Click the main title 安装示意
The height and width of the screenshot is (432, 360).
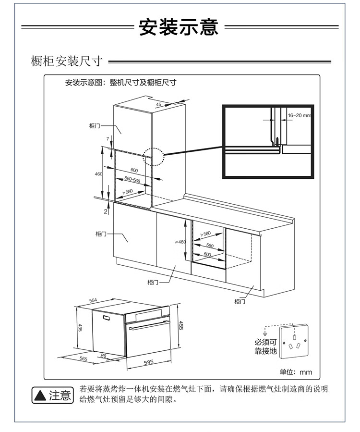pyautogui.click(x=179, y=27)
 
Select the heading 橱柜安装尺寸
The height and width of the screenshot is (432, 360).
pyautogui.click(x=67, y=62)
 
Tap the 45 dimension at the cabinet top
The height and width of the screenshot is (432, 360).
pyautogui.click(x=158, y=104)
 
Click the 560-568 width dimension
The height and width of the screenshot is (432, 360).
pyautogui.click(x=132, y=180)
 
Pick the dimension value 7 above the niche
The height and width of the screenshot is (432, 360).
pyautogui.click(x=108, y=139)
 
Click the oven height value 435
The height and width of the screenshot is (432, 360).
pyautogui.click(x=81, y=328)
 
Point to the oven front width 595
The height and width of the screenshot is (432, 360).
pyautogui.click(x=148, y=362)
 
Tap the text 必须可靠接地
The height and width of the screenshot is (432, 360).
pyautogui.click(x=266, y=346)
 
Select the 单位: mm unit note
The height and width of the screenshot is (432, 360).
pyautogui.click(x=296, y=372)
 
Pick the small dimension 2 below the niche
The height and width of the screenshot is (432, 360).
pyautogui.click(x=105, y=211)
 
